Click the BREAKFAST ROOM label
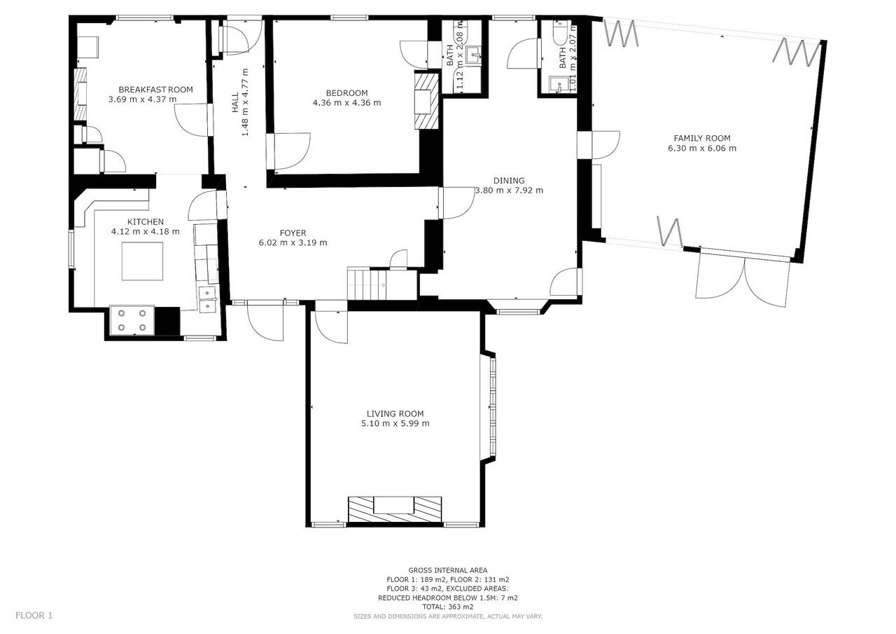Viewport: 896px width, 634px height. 155,90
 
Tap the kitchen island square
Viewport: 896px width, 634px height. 142,261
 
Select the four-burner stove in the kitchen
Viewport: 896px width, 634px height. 132,320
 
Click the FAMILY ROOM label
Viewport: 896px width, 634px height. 702,138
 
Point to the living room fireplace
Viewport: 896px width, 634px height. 395,509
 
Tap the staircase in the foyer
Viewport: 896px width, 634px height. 366,284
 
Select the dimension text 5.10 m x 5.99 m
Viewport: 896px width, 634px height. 395,423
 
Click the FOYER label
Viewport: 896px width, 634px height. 293,233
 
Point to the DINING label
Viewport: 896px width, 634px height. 509,181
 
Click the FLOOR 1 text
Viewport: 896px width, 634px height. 34,616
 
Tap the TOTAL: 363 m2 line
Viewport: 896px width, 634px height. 447,607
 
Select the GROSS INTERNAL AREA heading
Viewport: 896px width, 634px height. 447,570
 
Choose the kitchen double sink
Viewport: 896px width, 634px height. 208,299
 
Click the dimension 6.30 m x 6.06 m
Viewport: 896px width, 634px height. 702,148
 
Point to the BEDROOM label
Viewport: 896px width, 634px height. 346,93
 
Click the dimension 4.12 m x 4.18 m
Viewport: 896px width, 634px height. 145,231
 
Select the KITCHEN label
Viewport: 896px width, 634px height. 145,222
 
